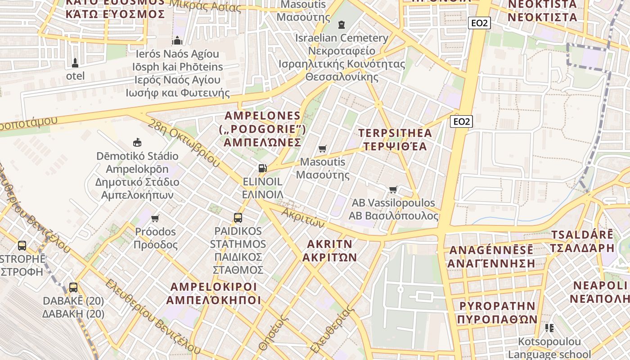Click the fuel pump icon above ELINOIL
(262, 168)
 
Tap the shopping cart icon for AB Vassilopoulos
(393, 189)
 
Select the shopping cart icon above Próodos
(155, 218)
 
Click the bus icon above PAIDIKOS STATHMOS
(238, 218)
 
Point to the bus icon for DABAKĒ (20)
(73, 287)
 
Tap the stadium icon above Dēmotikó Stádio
(137, 143)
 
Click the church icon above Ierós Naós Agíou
(177, 41)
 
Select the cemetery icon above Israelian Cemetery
(342, 24)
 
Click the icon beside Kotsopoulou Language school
(549, 328)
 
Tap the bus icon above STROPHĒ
(22, 246)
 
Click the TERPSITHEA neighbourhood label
(395, 133)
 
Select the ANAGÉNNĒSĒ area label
(491, 250)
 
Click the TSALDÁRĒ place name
(582, 235)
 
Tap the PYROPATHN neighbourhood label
(497, 306)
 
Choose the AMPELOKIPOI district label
(213, 287)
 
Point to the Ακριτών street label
(303, 217)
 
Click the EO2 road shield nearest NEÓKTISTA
(479, 23)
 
